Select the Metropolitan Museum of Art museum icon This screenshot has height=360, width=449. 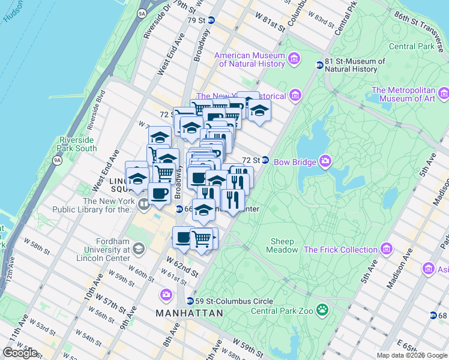(x=443, y=93)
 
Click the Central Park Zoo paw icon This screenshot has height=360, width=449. (x=323, y=310)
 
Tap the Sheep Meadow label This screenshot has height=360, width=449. (x=282, y=245)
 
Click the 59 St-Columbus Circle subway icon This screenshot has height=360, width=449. (x=190, y=301)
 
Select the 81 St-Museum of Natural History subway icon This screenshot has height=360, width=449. (x=319, y=65)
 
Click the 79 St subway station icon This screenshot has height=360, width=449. (x=211, y=20)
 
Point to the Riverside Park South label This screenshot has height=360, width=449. (x=77, y=144)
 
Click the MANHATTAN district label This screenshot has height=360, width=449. (x=189, y=313)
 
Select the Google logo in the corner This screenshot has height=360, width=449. (x=20, y=353)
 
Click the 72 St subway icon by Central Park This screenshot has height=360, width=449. (x=265, y=160)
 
